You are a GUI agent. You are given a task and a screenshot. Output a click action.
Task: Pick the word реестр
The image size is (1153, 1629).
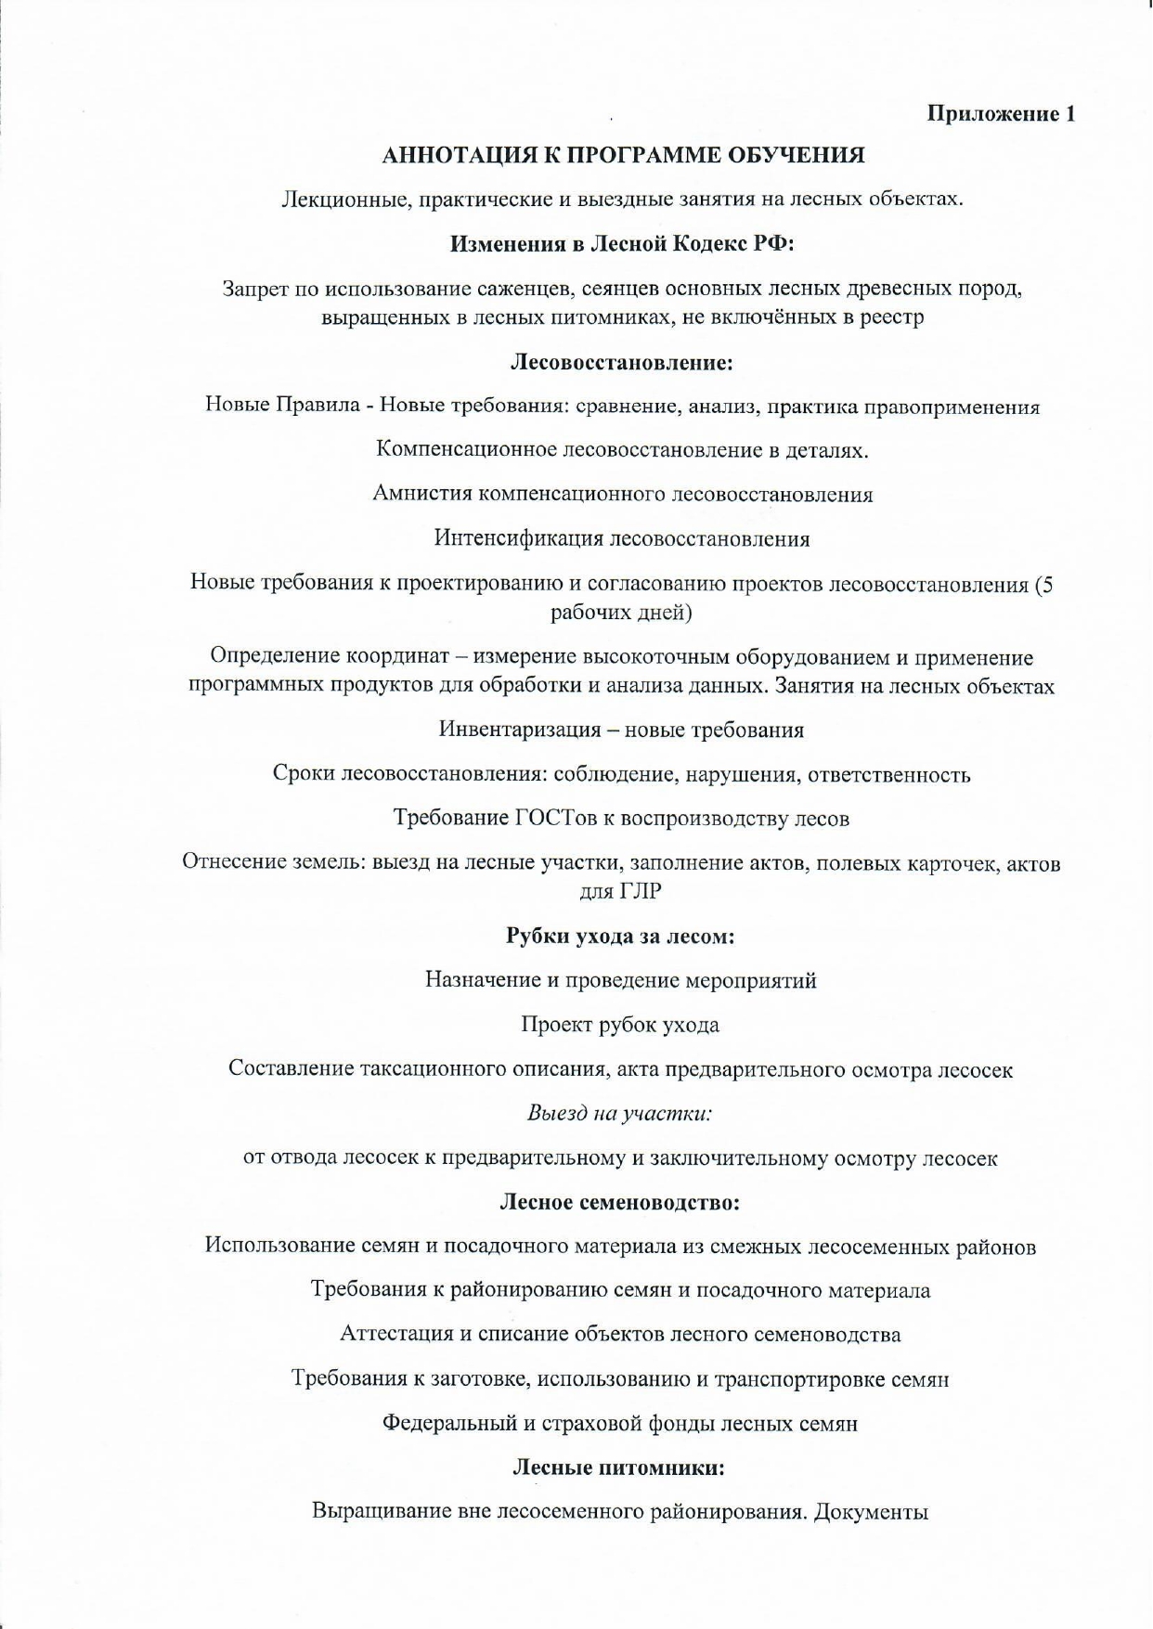893,317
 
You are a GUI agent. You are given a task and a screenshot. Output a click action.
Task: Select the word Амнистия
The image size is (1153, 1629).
421,494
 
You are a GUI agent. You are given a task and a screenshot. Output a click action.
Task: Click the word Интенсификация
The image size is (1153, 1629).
518,538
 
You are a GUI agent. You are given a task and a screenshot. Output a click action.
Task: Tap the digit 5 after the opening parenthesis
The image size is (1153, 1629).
1046,585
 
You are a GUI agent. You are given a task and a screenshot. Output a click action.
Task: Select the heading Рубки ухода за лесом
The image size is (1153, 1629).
620,936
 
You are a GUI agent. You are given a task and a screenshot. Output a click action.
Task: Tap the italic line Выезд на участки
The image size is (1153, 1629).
619,1112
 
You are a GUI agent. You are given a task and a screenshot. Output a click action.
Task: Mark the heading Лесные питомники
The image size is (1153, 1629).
618,1467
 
